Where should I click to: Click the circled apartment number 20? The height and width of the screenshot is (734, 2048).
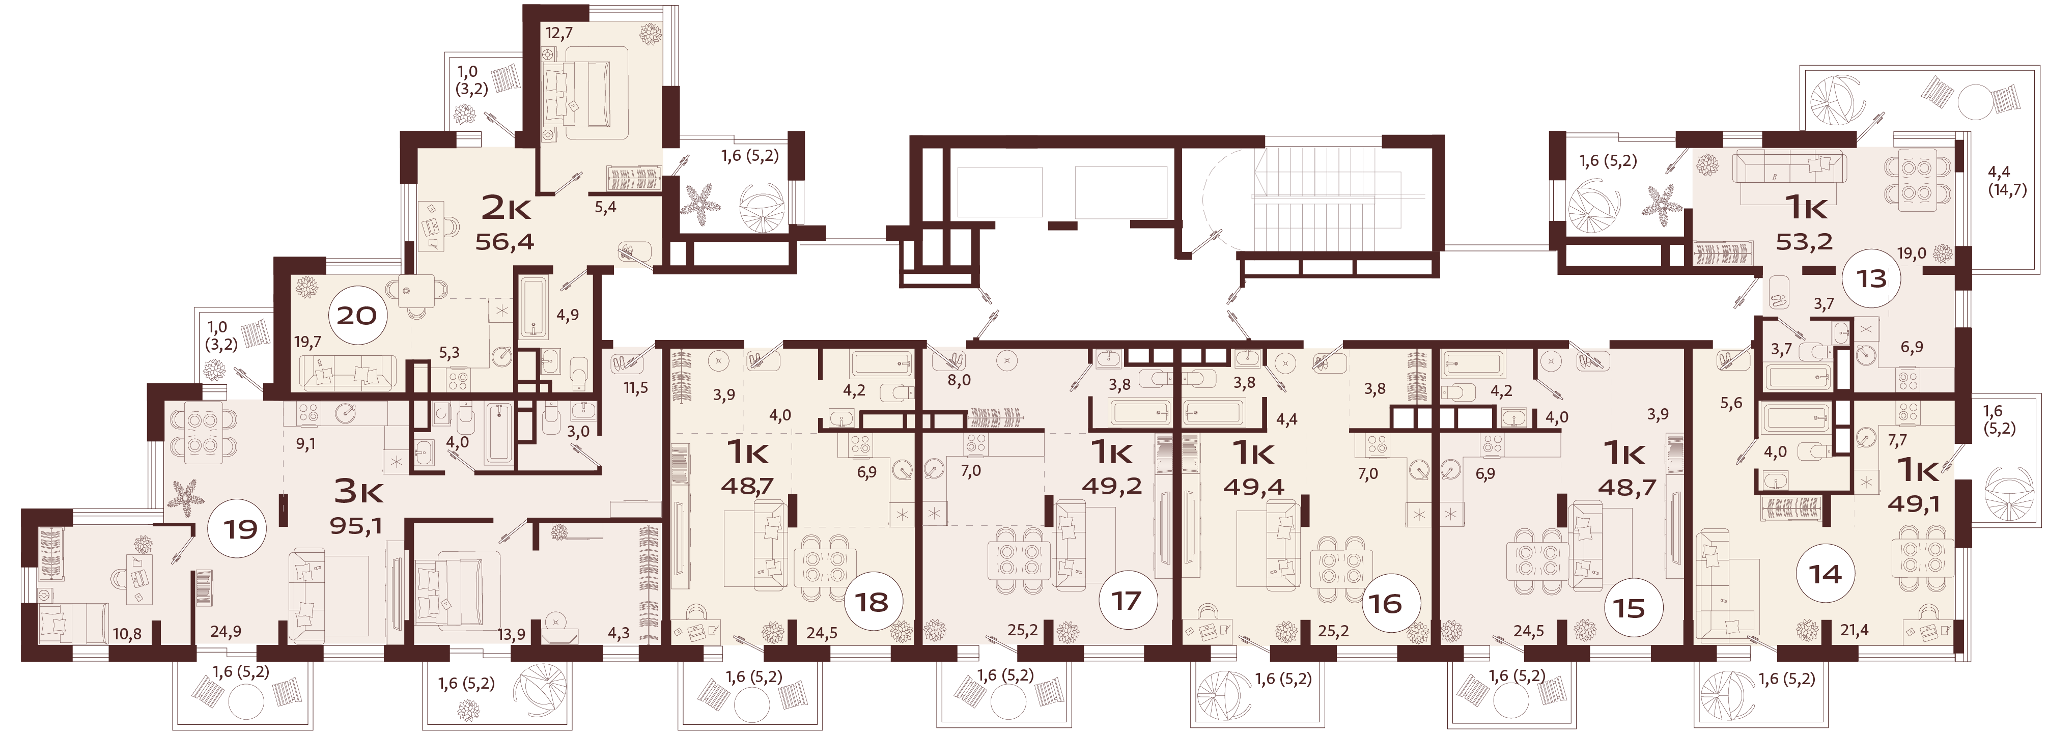(x=356, y=316)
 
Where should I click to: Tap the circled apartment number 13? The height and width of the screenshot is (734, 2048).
(x=1871, y=278)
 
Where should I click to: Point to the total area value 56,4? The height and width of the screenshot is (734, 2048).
(x=505, y=241)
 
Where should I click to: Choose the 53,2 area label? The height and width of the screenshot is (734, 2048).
(x=1804, y=240)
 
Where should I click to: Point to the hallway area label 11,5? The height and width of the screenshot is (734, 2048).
(x=635, y=388)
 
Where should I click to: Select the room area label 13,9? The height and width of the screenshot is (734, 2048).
(x=510, y=634)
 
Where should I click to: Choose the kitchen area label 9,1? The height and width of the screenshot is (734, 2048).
(x=305, y=444)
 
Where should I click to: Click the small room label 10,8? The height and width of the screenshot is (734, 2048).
(x=128, y=634)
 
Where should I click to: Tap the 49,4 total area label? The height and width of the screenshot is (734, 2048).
(x=1254, y=486)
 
